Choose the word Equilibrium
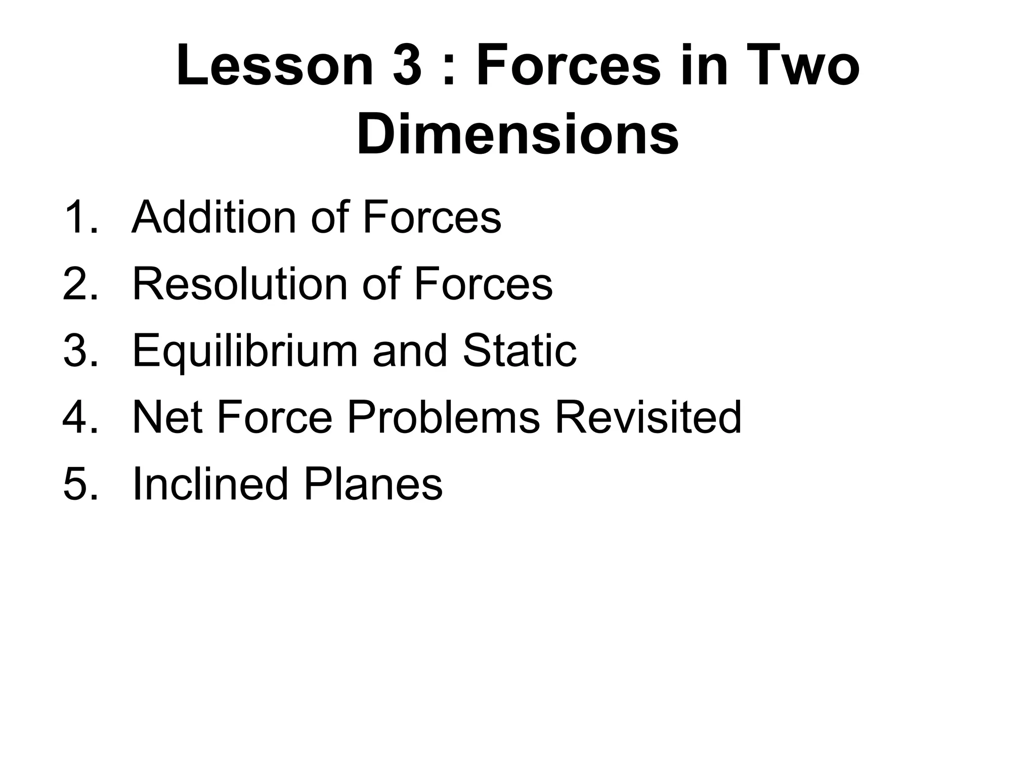[x=245, y=352]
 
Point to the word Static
[x=520, y=351]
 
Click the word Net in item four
[x=167, y=417]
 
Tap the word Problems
[x=443, y=417]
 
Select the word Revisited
[x=648, y=417]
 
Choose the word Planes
[x=373, y=484]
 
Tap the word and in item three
[x=410, y=351]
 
